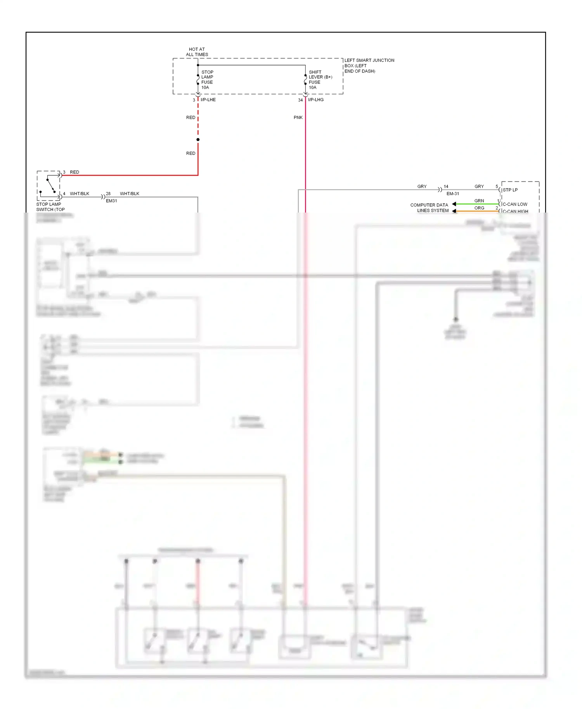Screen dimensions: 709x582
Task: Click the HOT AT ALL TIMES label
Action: (197, 52)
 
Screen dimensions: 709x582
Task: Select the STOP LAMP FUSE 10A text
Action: (207, 80)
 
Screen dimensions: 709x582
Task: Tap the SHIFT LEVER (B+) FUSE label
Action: (320, 80)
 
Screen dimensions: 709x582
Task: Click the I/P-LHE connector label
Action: (208, 100)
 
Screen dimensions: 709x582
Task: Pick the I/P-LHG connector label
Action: (315, 100)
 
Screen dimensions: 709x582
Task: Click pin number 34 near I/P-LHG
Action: (300, 100)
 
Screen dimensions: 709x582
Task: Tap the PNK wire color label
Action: (298, 118)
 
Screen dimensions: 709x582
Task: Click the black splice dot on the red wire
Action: (198, 140)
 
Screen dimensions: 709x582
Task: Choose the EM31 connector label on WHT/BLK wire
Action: (111, 201)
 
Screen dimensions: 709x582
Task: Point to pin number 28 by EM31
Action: (108, 194)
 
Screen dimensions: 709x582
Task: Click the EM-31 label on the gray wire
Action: (452, 194)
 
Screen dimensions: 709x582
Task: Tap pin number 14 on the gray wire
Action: (446, 187)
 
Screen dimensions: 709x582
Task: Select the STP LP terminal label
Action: (510, 190)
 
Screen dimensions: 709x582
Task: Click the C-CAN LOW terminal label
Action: (514, 204)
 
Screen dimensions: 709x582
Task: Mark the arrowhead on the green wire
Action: (454, 204)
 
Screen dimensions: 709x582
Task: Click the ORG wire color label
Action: (479, 208)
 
